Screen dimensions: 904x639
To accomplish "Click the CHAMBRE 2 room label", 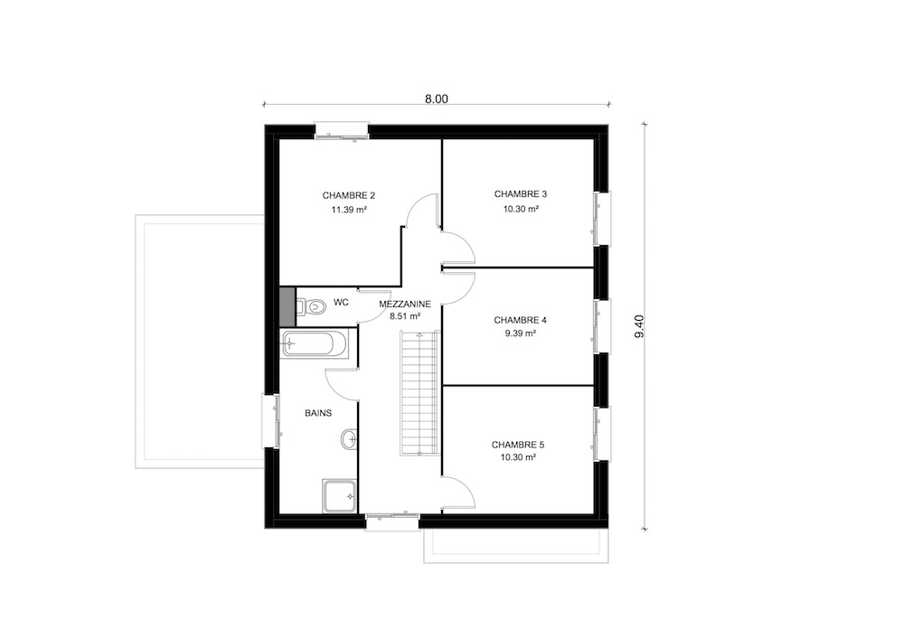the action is (349, 195).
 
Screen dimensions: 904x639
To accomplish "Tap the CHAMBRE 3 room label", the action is (521, 194).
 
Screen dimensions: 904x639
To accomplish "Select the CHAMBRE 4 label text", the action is (520, 320).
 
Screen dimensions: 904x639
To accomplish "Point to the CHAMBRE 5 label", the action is (518, 445).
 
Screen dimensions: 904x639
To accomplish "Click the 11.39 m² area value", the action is (349, 210).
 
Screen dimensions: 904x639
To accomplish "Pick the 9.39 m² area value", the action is (521, 333).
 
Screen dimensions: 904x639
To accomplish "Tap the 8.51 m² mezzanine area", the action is (405, 316).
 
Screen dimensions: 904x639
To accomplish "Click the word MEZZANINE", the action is (405, 304).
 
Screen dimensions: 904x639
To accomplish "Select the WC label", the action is (341, 303).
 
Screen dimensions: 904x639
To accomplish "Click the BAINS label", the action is (318, 413).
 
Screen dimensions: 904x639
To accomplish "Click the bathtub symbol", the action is (315, 344).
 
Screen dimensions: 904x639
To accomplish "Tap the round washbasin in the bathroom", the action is (349, 439).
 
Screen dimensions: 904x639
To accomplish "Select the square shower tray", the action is (340, 495).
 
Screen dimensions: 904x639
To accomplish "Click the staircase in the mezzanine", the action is (419, 393).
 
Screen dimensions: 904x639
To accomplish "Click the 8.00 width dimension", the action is (437, 99).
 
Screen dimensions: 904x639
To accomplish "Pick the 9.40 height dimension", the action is (639, 326).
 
